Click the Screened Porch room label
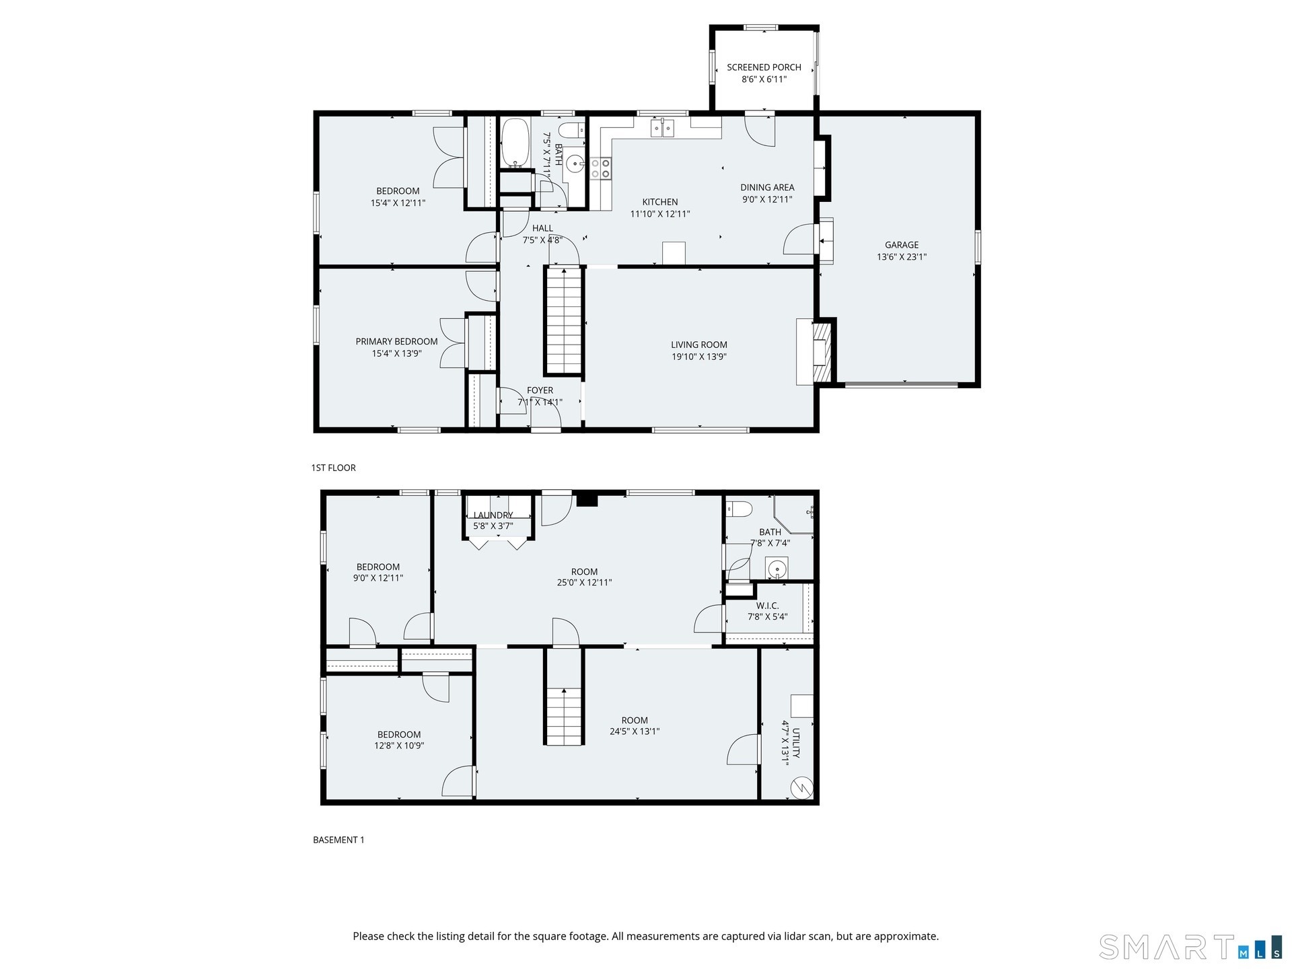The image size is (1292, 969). tap(764, 67)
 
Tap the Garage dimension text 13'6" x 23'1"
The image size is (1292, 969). tap(902, 257)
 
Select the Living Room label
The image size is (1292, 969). tap(699, 345)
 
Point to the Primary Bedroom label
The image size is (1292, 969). tap(397, 341)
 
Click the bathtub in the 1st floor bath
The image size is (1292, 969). tap(516, 143)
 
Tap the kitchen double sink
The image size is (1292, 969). tap(663, 128)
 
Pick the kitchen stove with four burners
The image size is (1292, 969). tap(601, 168)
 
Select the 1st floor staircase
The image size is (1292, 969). tap(563, 320)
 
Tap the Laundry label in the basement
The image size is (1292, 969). tap(493, 515)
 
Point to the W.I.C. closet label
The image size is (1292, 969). tap(767, 606)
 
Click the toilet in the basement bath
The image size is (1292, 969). tap(738, 509)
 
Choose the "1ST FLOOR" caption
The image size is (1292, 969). tap(333, 468)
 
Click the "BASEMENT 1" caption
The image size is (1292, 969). tap(338, 840)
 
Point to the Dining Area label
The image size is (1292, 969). tap(767, 188)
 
